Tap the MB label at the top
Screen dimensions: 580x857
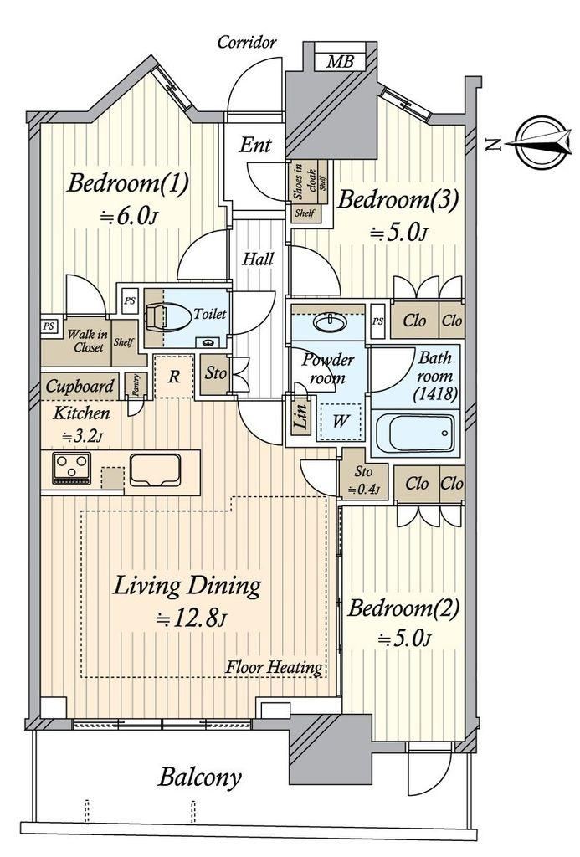(x=340, y=61)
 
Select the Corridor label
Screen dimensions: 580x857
(x=247, y=42)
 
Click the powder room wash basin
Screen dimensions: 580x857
(x=330, y=322)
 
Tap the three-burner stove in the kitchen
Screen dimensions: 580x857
(x=72, y=469)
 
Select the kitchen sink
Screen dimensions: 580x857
(x=155, y=470)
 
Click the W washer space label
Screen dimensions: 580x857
(x=340, y=421)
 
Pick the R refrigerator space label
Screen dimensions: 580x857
(x=174, y=377)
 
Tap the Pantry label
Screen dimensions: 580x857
(x=136, y=383)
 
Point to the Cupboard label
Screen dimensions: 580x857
(x=80, y=387)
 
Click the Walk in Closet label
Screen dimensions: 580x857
(x=88, y=341)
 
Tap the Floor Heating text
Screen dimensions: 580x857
(x=275, y=667)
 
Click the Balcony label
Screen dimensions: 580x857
(x=199, y=777)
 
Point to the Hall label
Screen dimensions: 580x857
(x=258, y=259)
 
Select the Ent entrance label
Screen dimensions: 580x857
(x=254, y=145)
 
